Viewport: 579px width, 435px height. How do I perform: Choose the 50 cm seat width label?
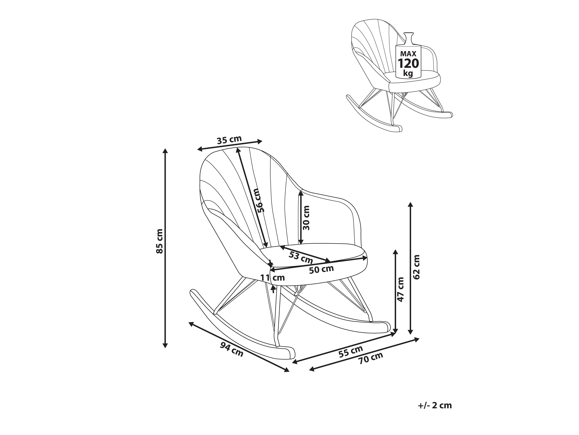point(321,269)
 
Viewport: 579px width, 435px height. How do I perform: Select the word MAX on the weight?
point(408,54)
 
